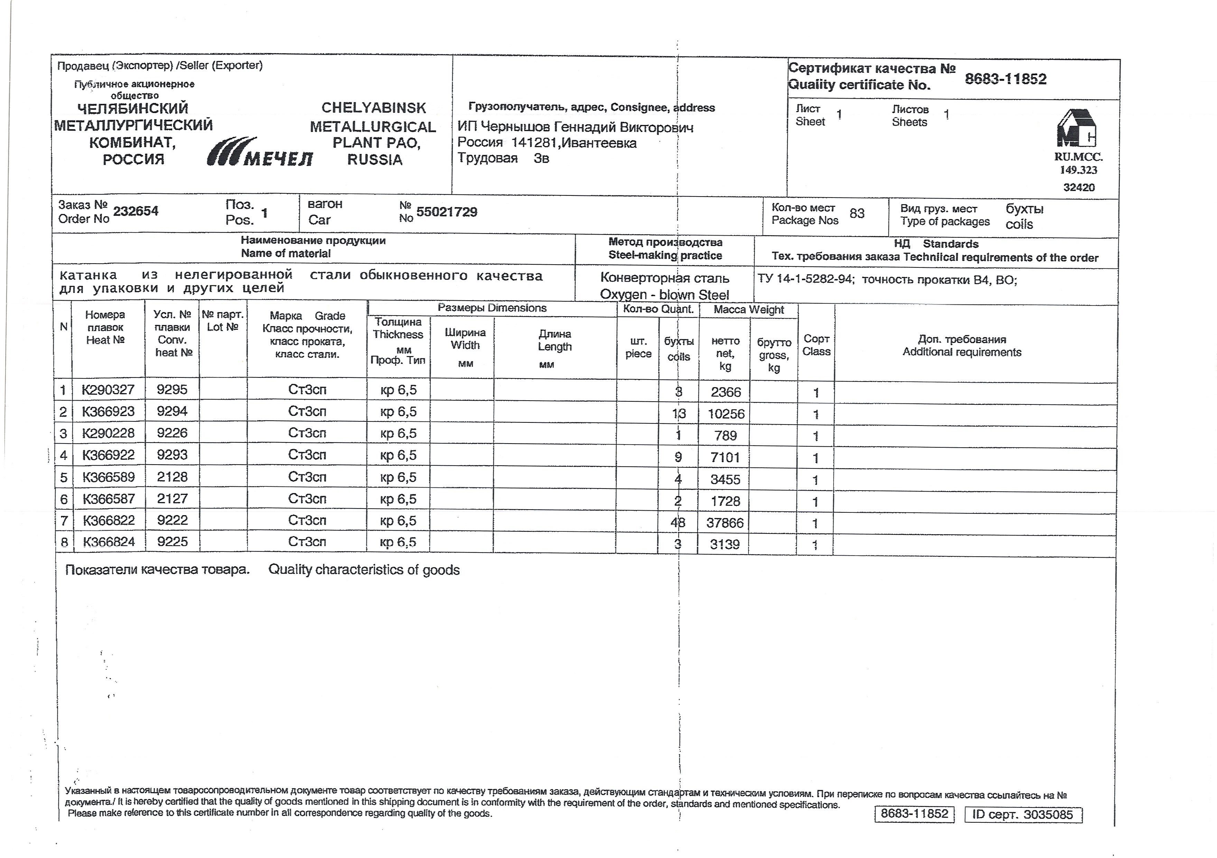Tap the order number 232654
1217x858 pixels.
136,211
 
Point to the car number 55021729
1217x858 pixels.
446,212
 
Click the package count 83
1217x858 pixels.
856,213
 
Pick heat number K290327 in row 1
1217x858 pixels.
108,390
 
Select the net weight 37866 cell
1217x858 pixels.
725,523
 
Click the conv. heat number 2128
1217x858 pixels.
172,477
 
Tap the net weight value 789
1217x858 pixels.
725,435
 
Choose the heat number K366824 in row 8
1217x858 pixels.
109,541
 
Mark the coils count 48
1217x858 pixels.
677,522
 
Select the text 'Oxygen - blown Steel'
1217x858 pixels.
664,294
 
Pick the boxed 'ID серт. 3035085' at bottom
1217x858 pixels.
1022,814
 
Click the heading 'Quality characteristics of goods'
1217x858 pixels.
364,570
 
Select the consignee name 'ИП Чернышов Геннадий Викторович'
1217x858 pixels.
575,127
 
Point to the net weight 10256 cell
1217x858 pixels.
726,414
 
